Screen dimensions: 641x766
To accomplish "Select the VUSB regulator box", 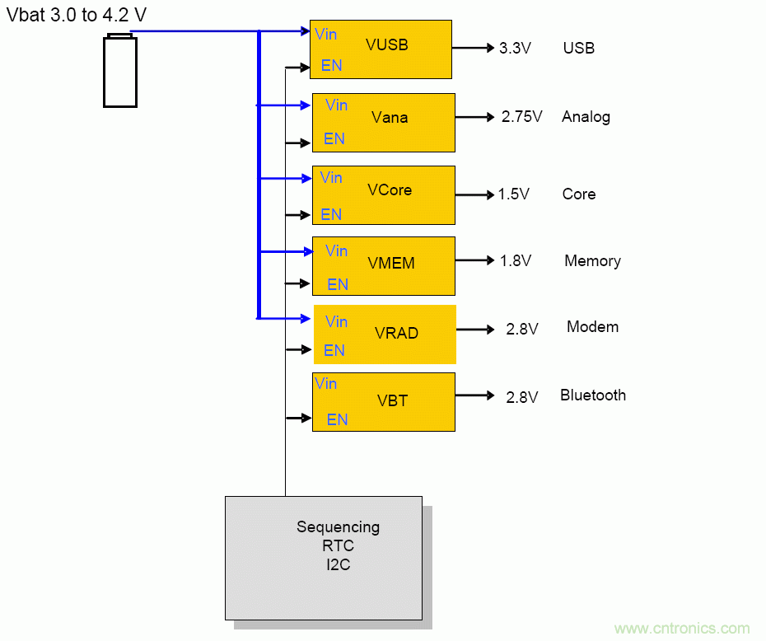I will (x=381, y=49).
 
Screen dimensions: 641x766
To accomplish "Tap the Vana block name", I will (x=390, y=118).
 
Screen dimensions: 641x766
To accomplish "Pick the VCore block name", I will (x=390, y=190).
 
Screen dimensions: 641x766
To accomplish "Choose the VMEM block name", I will (x=391, y=264).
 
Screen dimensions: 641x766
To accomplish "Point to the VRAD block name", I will (x=396, y=334).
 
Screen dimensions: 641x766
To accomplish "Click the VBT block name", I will (x=393, y=401).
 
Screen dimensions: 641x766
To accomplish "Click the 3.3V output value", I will (x=515, y=49).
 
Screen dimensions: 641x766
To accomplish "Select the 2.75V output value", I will (x=521, y=117).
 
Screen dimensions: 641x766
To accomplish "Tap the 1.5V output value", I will (x=513, y=194).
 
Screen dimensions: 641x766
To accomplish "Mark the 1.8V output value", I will (x=515, y=261).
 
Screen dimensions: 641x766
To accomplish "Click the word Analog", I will (x=586, y=117).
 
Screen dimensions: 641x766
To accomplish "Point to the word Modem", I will (x=592, y=327).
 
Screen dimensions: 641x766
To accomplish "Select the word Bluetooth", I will (x=592, y=395).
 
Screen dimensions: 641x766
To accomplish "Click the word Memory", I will (x=592, y=261).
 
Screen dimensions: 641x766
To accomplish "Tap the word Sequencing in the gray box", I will (x=338, y=527).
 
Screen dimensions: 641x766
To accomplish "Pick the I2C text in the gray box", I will (x=338, y=565).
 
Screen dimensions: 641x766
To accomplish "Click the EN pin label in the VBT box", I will (x=337, y=419).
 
